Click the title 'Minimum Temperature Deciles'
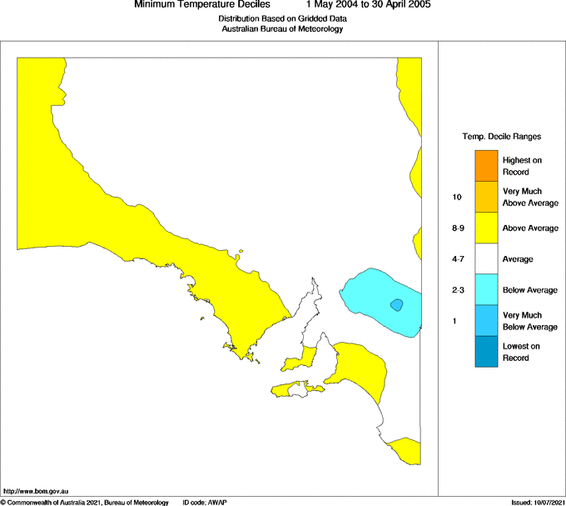pos(202,5)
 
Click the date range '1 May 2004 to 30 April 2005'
pos(369,5)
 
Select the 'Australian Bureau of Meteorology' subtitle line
pos(282,29)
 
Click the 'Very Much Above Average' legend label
pos(529,198)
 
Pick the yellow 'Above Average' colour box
pos(486,228)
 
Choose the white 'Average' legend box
pos(486,259)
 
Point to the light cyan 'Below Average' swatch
pos(486,290)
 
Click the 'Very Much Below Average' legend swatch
pos(486,321)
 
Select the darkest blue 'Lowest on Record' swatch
pos(486,352)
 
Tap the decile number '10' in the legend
pos(457,198)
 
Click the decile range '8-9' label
pos(458,228)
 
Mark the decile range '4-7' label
pos(458,259)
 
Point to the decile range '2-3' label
pos(458,290)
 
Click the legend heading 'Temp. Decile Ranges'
pos(502,136)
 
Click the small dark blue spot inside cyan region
pos(397,305)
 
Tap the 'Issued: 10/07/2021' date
pos(538,502)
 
